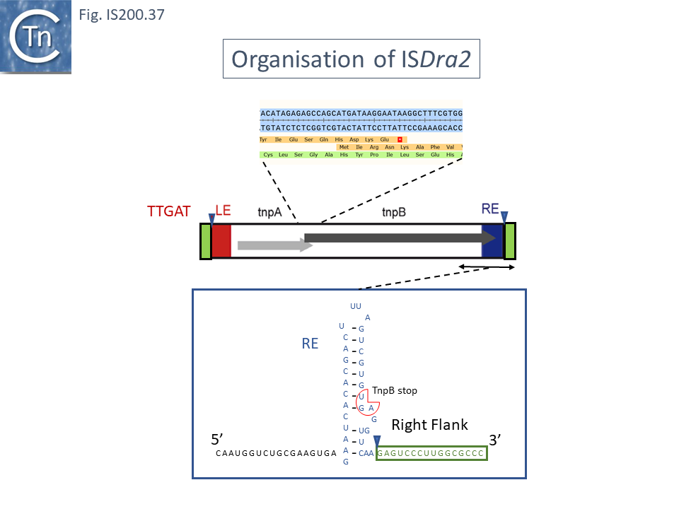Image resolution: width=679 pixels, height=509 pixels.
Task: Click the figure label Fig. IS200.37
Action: (122, 13)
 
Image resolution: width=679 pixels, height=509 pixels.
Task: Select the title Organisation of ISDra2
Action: (352, 59)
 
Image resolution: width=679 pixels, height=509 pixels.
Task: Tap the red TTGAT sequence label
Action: (168, 211)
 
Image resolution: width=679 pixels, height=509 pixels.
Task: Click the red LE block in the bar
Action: (221, 241)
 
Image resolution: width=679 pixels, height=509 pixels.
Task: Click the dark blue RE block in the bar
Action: (491, 241)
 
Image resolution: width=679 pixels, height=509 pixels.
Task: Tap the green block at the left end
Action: (205, 241)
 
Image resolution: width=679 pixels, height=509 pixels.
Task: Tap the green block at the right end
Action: (509, 241)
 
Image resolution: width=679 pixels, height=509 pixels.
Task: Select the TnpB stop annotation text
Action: (395, 390)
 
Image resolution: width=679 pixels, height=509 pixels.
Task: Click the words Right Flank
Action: (429, 424)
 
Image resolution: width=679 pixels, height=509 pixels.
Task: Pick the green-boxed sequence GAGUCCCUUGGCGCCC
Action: (431, 453)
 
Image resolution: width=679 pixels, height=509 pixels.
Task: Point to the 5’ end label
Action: (218, 438)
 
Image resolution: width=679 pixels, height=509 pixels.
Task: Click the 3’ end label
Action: (497, 438)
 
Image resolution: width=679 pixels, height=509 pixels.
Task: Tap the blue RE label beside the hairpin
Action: (310, 344)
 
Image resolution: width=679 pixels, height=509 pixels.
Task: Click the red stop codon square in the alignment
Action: (400, 139)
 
